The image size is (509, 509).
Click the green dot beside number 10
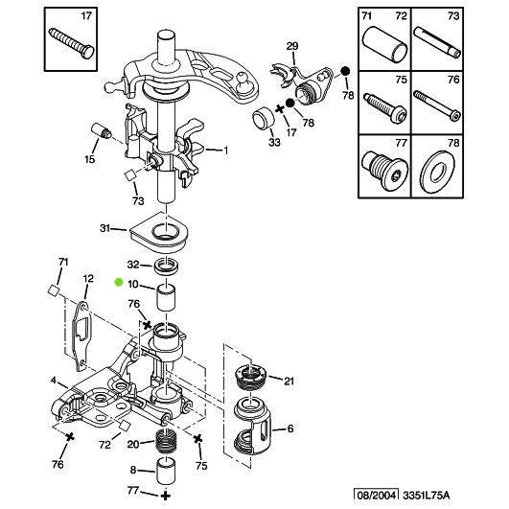click(118, 283)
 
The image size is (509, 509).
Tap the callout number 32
click(133, 264)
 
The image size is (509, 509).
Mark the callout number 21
click(289, 381)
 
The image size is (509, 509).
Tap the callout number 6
click(290, 428)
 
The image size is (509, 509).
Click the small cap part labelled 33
click(261, 120)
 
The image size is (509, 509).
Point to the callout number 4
click(54, 381)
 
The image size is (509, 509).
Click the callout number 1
click(225, 150)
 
